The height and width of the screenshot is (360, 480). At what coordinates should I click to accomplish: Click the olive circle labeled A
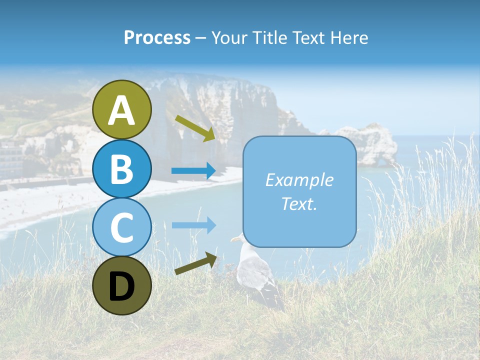[x=122, y=109]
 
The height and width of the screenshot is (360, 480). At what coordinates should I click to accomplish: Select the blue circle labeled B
[x=122, y=168]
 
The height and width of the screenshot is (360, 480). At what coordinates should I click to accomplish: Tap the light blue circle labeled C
[x=122, y=227]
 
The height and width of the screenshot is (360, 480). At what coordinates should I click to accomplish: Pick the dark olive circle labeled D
[x=122, y=285]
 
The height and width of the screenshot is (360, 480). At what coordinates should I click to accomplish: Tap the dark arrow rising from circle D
[x=195, y=264]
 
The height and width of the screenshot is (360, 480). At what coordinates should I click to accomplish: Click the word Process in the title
[x=157, y=37]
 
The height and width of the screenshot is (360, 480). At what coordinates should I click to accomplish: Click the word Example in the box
[x=299, y=180]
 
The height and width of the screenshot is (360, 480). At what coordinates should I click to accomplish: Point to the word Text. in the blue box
[x=299, y=203]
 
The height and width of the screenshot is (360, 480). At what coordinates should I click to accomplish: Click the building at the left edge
[x=10, y=157]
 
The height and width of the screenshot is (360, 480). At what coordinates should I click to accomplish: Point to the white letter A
[x=122, y=110]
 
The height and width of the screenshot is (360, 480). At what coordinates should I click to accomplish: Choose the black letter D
[x=122, y=286]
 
